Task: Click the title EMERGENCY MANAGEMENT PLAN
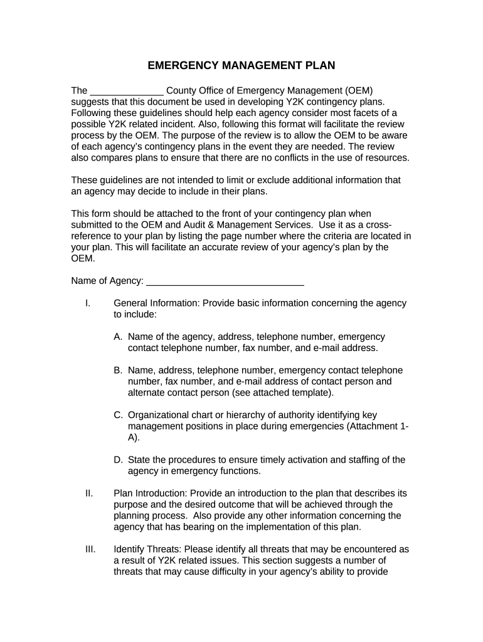(x=242, y=65)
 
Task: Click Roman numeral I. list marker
(x=88, y=303)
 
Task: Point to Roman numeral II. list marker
(x=89, y=493)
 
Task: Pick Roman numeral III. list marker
(x=90, y=550)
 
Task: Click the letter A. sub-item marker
(x=118, y=337)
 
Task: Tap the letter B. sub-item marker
(x=118, y=371)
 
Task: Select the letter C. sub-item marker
(x=119, y=415)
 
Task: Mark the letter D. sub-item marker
(x=119, y=460)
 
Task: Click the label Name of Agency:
(x=107, y=280)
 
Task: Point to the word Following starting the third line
(x=92, y=113)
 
